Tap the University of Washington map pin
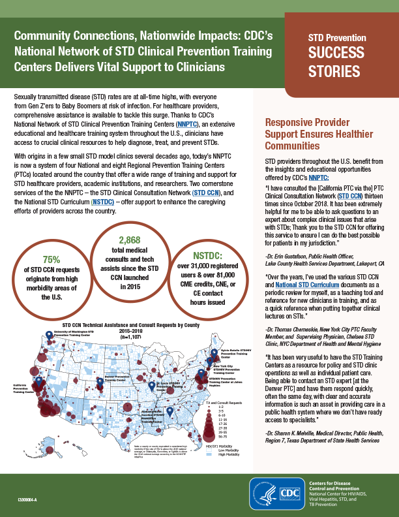coord(49,336)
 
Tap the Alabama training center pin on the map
coord(169,411)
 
